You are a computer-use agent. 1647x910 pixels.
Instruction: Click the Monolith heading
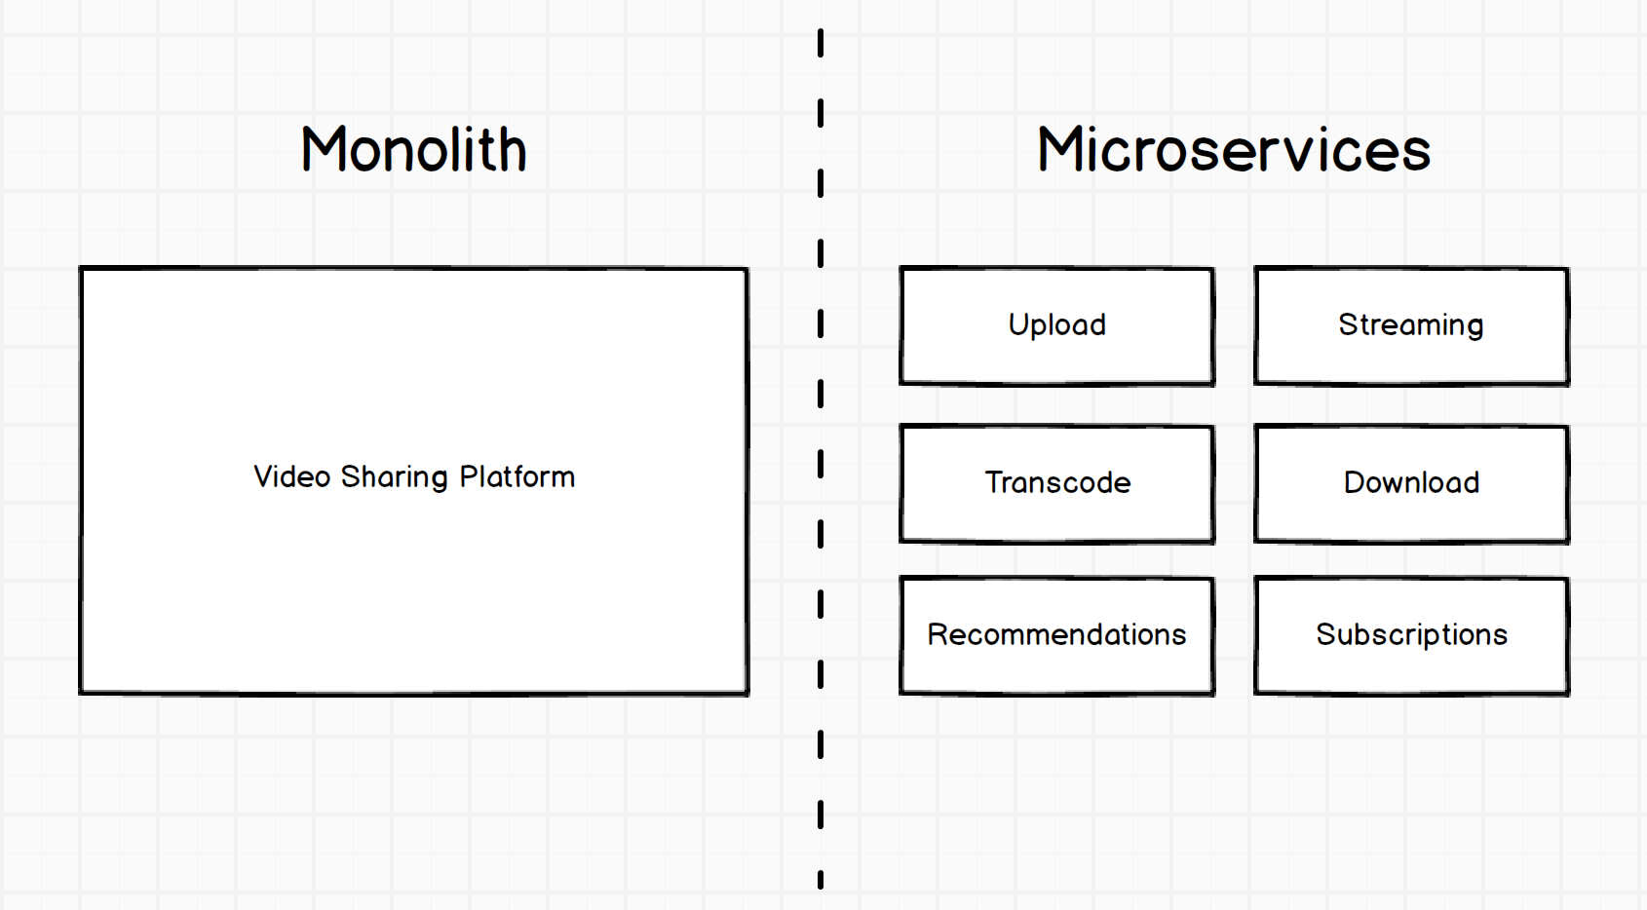click(414, 150)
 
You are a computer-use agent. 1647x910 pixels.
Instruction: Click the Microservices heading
click(1234, 150)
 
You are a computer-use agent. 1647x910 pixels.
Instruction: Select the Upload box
click(1056, 326)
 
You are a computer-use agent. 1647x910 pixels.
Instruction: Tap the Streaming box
click(1411, 326)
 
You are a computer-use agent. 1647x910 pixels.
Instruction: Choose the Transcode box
click(1056, 483)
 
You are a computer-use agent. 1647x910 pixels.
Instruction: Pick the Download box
click(1411, 483)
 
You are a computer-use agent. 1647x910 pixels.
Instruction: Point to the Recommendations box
click(1056, 635)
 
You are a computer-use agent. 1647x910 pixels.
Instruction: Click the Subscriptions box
click(1411, 635)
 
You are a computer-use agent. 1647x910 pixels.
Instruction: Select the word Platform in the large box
click(517, 476)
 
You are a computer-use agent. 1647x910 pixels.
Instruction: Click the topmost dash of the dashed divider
click(821, 43)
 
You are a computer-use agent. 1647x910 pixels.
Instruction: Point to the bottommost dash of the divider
click(821, 879)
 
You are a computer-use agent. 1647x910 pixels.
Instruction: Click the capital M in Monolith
click(324, 150)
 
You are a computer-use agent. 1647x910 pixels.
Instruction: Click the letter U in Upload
click(1018, 324)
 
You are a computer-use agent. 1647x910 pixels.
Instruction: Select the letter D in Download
click(1355, 482)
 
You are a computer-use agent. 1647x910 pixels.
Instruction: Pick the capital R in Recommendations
click(938, 634)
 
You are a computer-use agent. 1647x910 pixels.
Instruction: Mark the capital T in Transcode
click(993, 482)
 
